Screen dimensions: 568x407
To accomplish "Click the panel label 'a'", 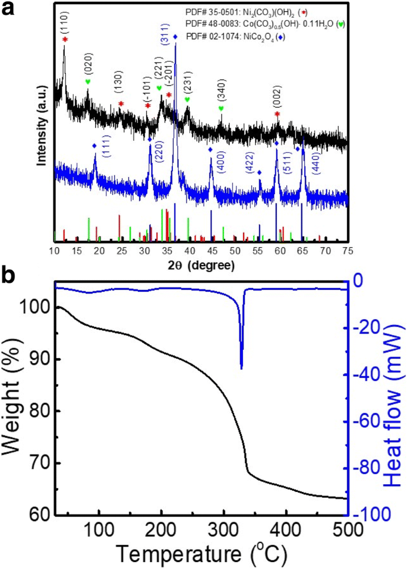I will coord(10,10).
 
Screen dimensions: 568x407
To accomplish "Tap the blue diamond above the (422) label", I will coord(260,173).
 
